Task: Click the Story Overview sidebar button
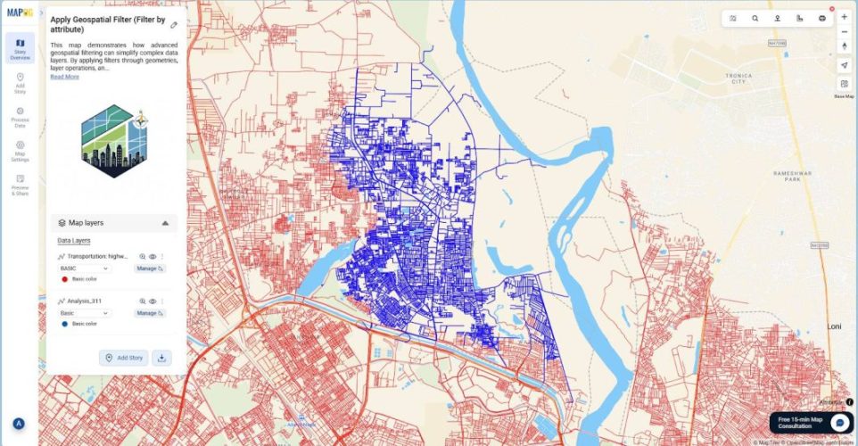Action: click(x=20, y=47)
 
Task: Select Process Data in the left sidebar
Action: click(x=20, y=115)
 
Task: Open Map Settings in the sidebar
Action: click(x=20, y=149)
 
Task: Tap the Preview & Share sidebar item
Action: click(x=20, y=184)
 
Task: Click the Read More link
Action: click(x=64, y=77)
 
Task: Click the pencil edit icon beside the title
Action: click(x=174, y=25)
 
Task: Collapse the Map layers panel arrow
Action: click(x=165, y=223)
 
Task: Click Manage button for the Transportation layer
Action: click(x=149, y=268)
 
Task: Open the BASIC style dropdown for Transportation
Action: click(x=83, y=268)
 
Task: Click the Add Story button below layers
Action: click(x=123, y=358)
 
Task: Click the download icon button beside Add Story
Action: click(x=161, y=358)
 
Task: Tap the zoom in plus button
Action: click(x=844, y=17)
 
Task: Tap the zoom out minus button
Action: click(x=844, y=32)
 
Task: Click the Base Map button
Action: click(x=844, y=87)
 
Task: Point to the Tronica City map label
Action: click(x=739, y=79)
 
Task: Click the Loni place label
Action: click(x=834, y=327)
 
